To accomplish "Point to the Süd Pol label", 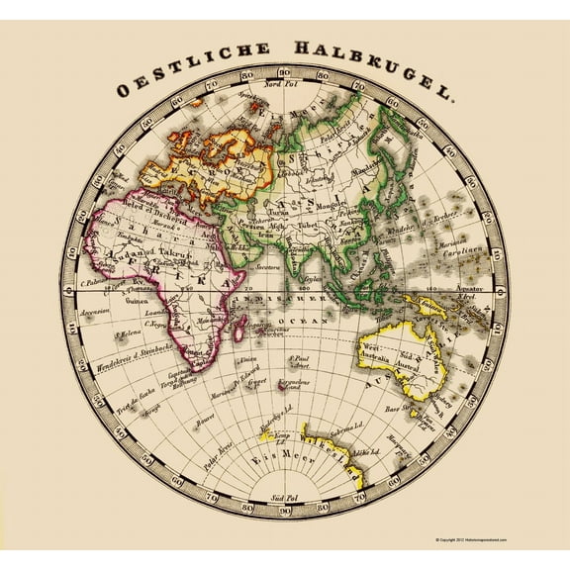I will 287,498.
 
